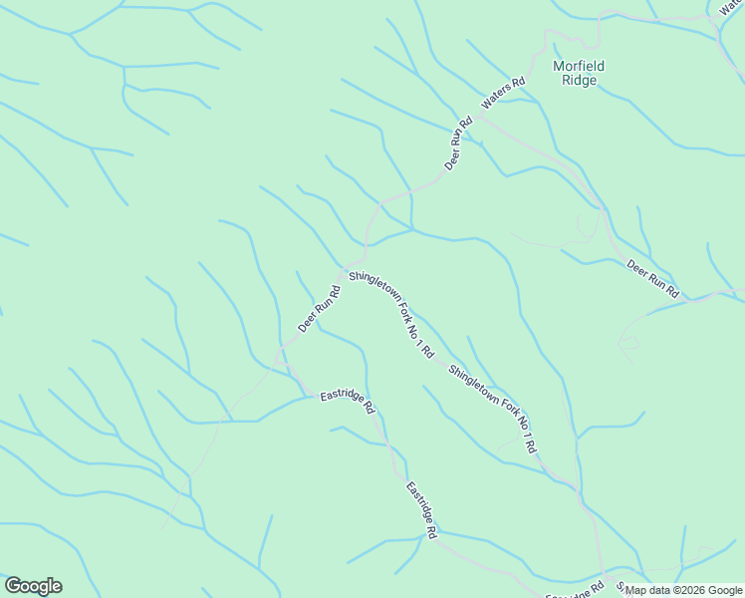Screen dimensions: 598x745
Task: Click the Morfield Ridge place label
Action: (x=579, y=73)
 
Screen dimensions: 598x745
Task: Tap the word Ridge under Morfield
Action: (x=579, y=80)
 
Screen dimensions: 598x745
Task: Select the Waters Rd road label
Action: (x=503, y=94)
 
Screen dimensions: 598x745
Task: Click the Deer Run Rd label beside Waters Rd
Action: (x=458, y=145)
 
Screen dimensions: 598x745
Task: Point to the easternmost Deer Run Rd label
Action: (x=652, y=279)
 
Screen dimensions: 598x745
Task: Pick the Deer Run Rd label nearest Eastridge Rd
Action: (x=320, y=309)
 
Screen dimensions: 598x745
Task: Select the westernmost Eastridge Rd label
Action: (x=347, y=402)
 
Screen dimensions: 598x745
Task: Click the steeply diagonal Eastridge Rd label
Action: (x=421, y=510)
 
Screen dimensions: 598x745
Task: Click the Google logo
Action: (x=33, y=586)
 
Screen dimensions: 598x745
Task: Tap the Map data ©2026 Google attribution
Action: (x=683, y=590)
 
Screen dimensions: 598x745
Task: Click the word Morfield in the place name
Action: (x=579, y=66)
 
